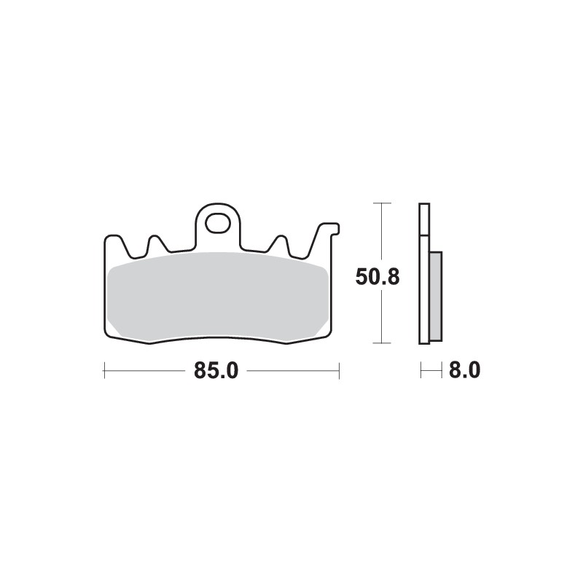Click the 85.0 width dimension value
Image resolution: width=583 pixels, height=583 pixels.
[x=216, y=371]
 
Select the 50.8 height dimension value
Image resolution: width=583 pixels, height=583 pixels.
[x=378, y=277]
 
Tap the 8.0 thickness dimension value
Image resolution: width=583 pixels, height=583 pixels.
[x=464, y=371]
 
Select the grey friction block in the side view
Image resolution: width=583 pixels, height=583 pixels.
[x=436, y=295]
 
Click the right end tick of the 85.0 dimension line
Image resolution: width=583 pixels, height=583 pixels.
[x=340, y=371]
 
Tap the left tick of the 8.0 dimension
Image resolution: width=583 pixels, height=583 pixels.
[x=421, y=371]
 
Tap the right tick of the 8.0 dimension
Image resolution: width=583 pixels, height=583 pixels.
[x=442, y=371]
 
